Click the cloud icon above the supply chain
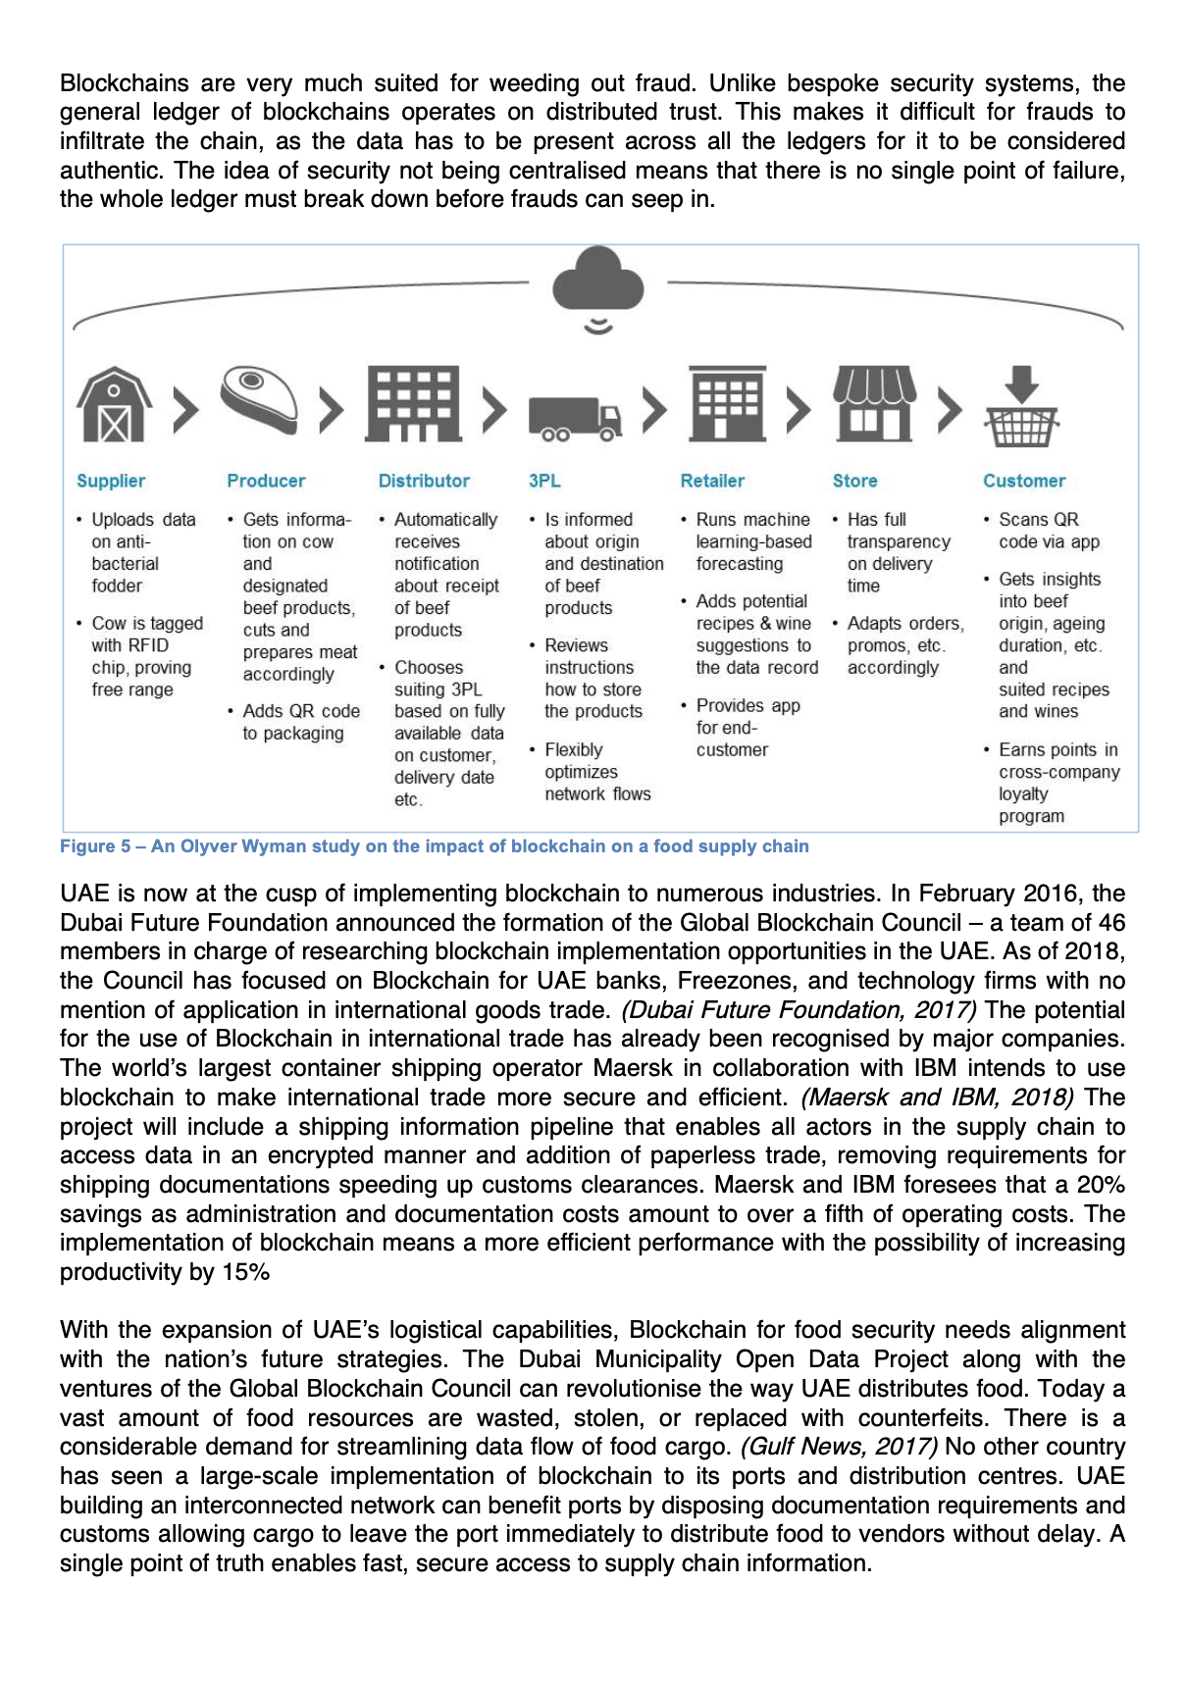click(x=597, y=282)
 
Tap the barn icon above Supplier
click(x=115, y=405)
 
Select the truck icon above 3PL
click(x=574, y=417)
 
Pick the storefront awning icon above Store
click(x=873, y=404)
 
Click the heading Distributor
click(x=424, y=481)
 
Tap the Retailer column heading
click(x=712, y=481)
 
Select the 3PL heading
click(x=544, y=481)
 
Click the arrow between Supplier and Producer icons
click(x=184, y=410)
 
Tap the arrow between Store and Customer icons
click(x=949, y=410)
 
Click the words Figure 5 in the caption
click(x=94, y=846)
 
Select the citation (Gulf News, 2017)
click(x=839, y=1447)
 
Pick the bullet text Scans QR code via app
click(x=1048, y=531)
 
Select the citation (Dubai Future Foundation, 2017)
click(x=799, y=1010)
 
